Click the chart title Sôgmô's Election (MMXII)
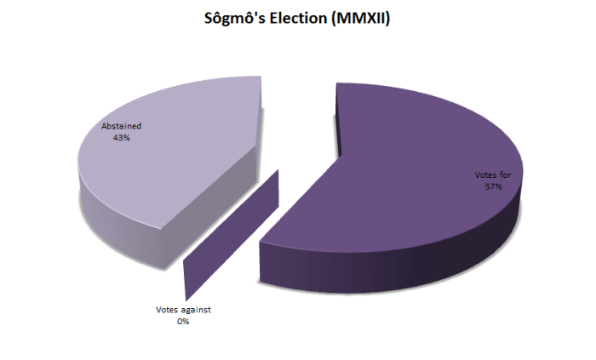pyautogui.click(x=297, y=19)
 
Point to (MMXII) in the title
pyautogui.click(x=359, y=19)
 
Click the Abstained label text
pyautogui.click(x=121, y=126)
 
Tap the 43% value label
pyautogui.click(x=121, y=137)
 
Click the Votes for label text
pyautogui.click(x=492, y=176)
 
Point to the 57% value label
pyautogui.click(x=492, y=187)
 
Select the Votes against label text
pyautogui.click(x=183, y=310)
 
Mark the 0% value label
pyautogui.click(x=183, y=322)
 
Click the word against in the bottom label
pyautogui.click(x=195, y=310)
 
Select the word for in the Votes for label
pyautogui.click(x=505, y=176)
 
